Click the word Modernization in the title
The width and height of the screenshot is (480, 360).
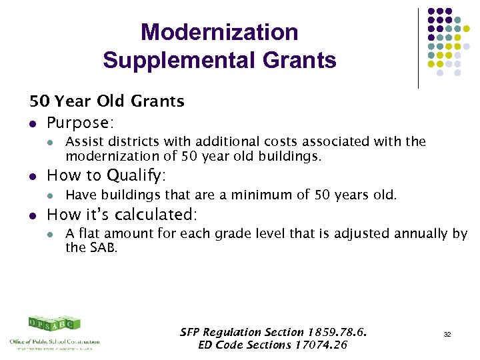coord(219,32)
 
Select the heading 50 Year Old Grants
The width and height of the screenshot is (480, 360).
coord(107,102)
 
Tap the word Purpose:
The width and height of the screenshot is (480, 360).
coord(78,123)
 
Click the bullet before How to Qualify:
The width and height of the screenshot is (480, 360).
coord(33,177)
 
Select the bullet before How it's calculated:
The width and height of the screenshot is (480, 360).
coord(33,215)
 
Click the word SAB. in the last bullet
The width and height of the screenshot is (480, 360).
coord(106,247)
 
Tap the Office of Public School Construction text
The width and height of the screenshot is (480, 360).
coord(55,341)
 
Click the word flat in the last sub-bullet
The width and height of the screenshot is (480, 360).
coord(89,234)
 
